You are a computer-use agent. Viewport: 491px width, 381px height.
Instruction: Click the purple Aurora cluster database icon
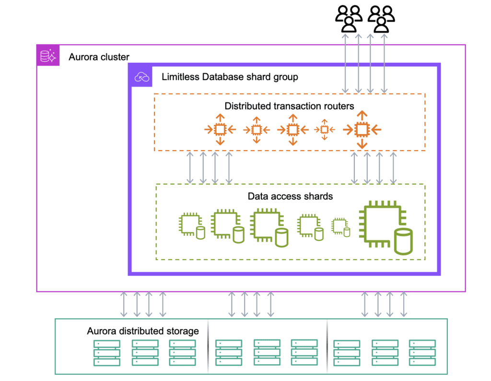point(48,56)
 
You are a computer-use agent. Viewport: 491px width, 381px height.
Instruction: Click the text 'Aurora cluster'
point(99,57)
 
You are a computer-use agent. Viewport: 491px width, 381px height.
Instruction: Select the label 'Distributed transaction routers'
point(289,106)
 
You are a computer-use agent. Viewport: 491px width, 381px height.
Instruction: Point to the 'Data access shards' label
point(290,196)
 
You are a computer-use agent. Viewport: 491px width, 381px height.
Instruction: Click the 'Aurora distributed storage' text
point(142,331)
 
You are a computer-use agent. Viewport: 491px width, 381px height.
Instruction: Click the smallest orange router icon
point(325,129)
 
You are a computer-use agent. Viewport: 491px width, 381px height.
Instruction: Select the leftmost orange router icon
point(220,129)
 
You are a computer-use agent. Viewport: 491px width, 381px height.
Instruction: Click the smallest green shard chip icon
point(340,225)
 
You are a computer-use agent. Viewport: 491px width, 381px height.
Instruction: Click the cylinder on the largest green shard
point(403,242)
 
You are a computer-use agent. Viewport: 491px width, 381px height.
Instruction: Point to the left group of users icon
point(349,19)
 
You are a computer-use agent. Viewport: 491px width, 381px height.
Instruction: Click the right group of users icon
point(381,19)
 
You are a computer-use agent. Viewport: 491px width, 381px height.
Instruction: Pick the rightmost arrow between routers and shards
point(393,168)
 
